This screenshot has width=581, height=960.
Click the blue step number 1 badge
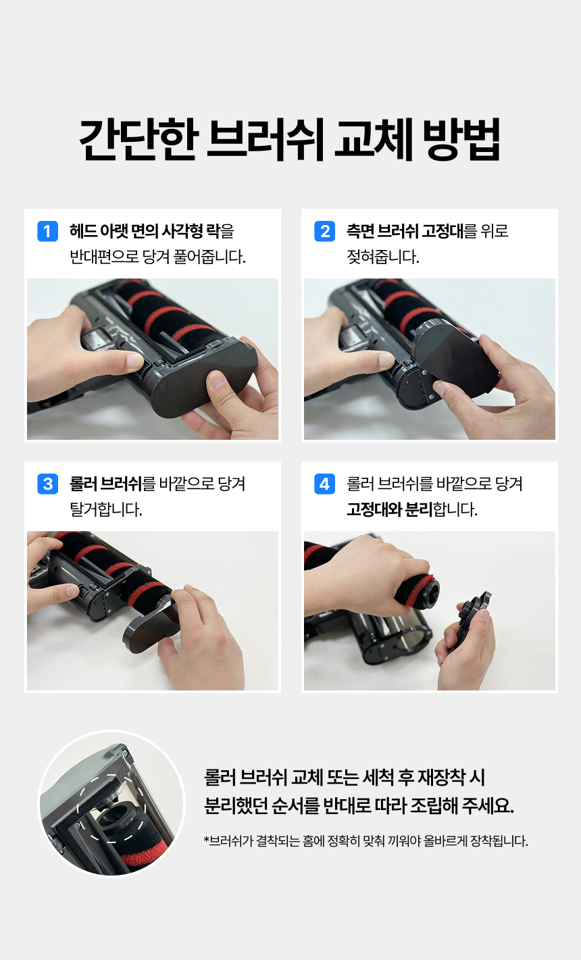click(47, 232)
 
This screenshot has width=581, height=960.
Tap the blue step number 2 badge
click(325, 232)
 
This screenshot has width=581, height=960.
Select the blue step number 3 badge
click(47, 484)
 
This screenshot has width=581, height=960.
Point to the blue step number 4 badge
click(325, 484)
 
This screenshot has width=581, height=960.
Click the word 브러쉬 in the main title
click(266, 140)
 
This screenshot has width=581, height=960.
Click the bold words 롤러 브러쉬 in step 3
click(106, 484)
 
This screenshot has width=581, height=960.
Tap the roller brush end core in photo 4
click(430, 590)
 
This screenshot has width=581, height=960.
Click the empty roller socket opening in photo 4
click(413, 639)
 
